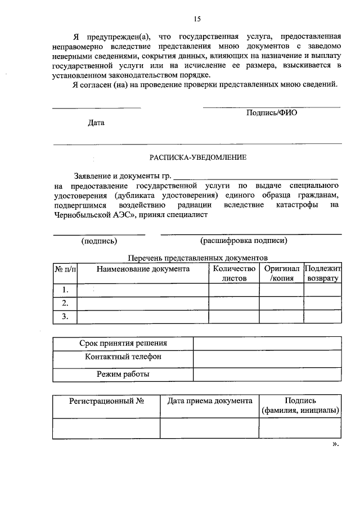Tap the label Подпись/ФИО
pos(271,112)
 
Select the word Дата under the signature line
pos(96,123)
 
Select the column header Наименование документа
pos(143,269)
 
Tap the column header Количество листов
pos(234,273)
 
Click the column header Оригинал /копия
pos(281,273)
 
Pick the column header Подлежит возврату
pos(322,273)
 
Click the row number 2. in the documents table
pos(65,303)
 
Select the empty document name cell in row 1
pos(143,290)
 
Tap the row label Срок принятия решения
pos(123,343)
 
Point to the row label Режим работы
pos(123,373)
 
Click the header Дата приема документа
pos(210,401)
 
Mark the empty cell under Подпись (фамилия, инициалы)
pos(300,428)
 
